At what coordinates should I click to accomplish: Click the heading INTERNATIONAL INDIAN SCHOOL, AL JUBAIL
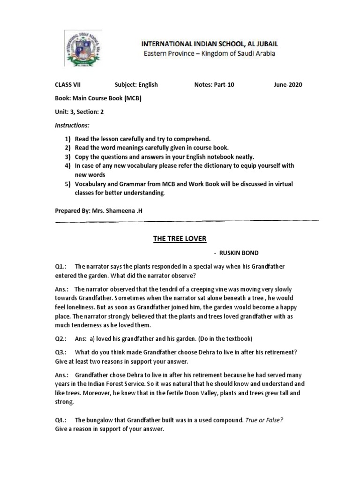(209, 44)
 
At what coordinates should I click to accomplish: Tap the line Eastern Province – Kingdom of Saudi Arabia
(209, 53)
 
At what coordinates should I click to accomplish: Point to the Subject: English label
(136, 85)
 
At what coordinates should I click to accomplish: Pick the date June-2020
(288, 85)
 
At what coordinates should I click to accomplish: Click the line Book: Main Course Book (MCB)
(98, 98)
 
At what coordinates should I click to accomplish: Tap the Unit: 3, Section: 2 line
(80, 112)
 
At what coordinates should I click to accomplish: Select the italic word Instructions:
(72, 126)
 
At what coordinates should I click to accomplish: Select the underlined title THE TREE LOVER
(180, 239)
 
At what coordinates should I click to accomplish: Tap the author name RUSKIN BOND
(233, 252)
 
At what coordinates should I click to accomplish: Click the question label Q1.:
(62, 266)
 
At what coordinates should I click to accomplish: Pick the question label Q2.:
(62, 338)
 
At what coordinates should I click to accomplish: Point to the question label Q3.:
(62, 352)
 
